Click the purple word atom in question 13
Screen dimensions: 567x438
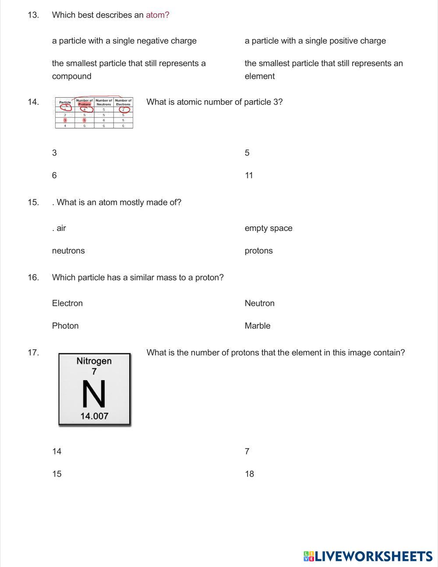(x=157, y=15)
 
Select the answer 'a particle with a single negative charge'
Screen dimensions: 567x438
(x=124, y=41)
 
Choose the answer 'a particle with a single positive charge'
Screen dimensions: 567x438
(x=315, y=41)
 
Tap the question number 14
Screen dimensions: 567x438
(x=33, y=102)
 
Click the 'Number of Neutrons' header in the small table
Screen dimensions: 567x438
(x=104, y=103)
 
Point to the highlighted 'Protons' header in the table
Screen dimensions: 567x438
(x=85, y=104)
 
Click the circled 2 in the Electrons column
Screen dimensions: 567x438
(x=123, y=110)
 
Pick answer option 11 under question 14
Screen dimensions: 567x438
(x=249, y=175)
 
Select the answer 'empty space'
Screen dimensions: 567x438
(x=268, y=228)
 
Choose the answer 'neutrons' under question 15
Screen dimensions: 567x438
(x=68, y=251)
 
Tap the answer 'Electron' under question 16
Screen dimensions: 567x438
(x=67, y=303)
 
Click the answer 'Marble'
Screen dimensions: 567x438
(x=257, y=326)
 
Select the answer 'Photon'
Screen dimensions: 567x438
(x=65, y=326)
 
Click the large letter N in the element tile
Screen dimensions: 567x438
(x=94, y=394)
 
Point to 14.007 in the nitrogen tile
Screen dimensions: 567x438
(x=94, y=416)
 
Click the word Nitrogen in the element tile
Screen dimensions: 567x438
(x=94, y=361)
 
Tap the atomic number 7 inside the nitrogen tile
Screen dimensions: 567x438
(x=94, y=372)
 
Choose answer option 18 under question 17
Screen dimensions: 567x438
(x=249, y=474)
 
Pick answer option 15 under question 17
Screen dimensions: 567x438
(x=57, y=474)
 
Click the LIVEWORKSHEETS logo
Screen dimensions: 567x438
(x=368, y=556)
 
